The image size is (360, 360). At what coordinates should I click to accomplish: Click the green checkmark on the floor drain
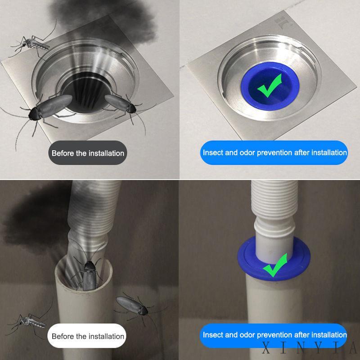point(269,85)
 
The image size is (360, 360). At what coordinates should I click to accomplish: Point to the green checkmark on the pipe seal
point(275,265)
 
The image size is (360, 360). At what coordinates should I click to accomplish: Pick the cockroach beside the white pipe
point(133,306)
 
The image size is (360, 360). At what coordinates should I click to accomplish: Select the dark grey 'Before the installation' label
point(88,153)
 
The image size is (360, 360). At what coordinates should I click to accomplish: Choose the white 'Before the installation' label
point(87,336)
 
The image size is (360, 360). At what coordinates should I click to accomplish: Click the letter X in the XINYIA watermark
point(266,347)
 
